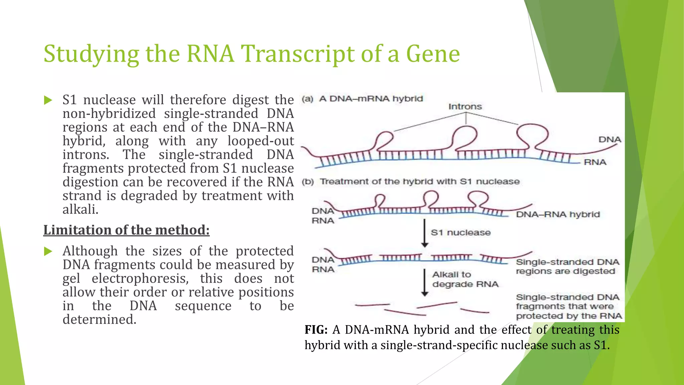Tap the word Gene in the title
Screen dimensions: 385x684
tap(433, 54)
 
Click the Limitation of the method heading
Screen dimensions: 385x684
tap(126, 230)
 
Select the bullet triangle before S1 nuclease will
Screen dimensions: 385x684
tap(48, 100)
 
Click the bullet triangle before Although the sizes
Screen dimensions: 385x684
tap(48, 251)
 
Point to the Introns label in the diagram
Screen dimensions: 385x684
tap(465, 107)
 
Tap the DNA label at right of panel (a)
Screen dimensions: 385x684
tap(610, 139)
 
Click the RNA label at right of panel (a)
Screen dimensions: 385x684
tap(595, 162)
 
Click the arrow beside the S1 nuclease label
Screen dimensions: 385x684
tap(424, 233)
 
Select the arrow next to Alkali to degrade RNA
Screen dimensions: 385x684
tap(424, 282)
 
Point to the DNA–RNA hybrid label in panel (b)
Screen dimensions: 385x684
tap(558, 214)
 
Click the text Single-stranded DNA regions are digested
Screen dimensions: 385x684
tap(567, 267)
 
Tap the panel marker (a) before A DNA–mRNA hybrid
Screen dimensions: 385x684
tap(308, 99)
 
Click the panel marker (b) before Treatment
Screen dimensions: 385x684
tap(308, 182)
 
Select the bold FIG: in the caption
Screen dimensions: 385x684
tap(316, 330)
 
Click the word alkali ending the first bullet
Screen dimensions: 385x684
tap(80, 210)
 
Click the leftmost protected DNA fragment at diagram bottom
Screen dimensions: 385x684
tap(372, 305)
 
